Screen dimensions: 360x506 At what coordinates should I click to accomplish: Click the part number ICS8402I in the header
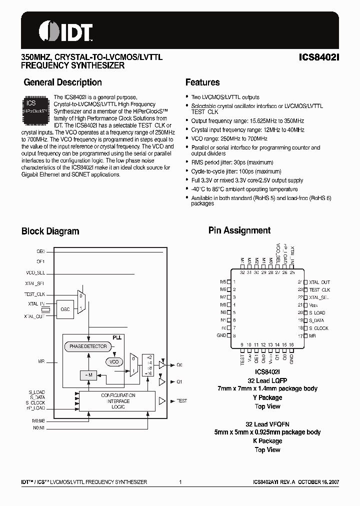tap(318, 57)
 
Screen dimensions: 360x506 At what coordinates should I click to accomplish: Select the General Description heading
tap(62, 82)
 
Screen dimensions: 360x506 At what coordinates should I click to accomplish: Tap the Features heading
tap(202, 82)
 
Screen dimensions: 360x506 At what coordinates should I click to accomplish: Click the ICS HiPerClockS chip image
tap(34, 108)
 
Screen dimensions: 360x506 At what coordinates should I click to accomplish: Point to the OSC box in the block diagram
tap(65, 308)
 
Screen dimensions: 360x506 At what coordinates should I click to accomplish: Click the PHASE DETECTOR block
tap(88, 346)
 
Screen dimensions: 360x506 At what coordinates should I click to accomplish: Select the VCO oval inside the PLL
tap(114, 361)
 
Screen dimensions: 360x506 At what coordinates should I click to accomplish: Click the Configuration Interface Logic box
tap(118, 401)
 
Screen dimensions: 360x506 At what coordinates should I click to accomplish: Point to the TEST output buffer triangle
tap(162, 401)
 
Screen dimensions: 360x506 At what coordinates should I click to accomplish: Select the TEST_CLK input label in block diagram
tap(35, 294)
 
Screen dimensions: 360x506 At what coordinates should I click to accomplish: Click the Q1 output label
tap(179, 381)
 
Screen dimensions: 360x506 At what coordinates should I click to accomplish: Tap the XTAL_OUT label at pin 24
tap(319, 282)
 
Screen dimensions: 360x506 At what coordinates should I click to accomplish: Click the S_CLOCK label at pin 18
tap(318, 328)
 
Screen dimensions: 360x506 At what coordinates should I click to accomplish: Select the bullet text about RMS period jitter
tap(232, 162)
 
